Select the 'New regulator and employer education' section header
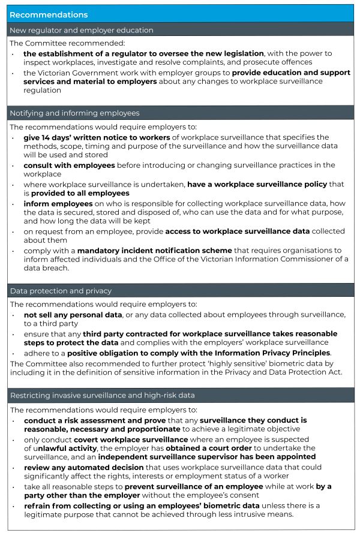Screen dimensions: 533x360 click(x=81, y=30)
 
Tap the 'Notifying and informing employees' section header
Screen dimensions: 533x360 click(x=74, y=113)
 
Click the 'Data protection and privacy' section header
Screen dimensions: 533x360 click(x=61, y=291)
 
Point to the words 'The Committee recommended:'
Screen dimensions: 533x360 click(x=53, y=44)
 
